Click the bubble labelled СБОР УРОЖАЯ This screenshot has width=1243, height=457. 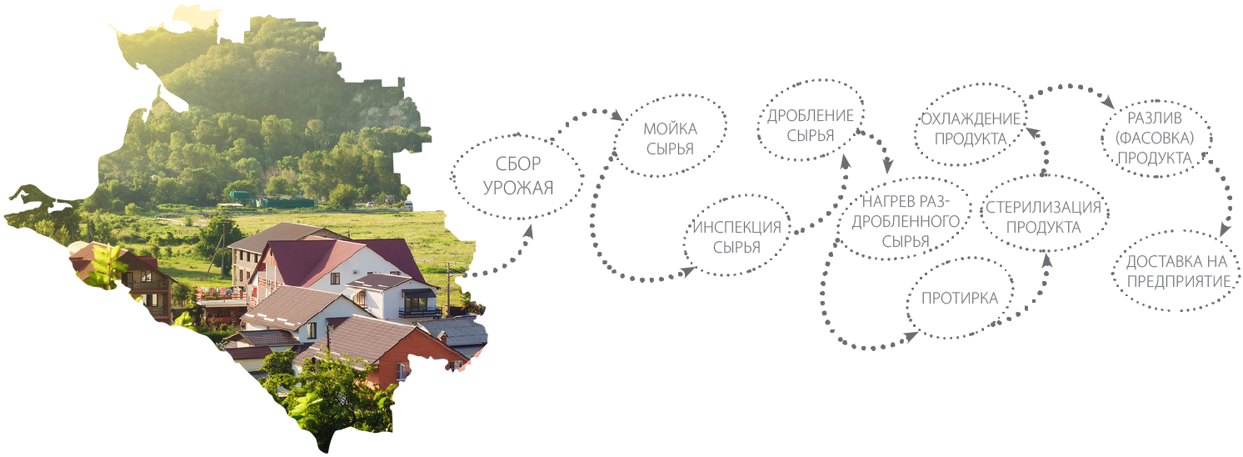point(517,176)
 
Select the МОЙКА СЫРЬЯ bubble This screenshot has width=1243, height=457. point(670,139)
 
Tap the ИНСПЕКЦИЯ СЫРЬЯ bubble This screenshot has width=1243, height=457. point(736,237)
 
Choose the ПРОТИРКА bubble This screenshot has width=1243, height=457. point(959,298)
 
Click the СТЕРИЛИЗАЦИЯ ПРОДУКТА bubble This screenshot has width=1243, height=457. point(1043,216)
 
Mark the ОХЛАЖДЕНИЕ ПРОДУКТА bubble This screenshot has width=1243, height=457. point(970,128)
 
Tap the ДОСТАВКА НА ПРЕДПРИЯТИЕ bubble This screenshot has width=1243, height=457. point(1178,272)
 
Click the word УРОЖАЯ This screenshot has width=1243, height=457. point(517,187)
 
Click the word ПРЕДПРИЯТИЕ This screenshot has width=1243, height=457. point(1178,282)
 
